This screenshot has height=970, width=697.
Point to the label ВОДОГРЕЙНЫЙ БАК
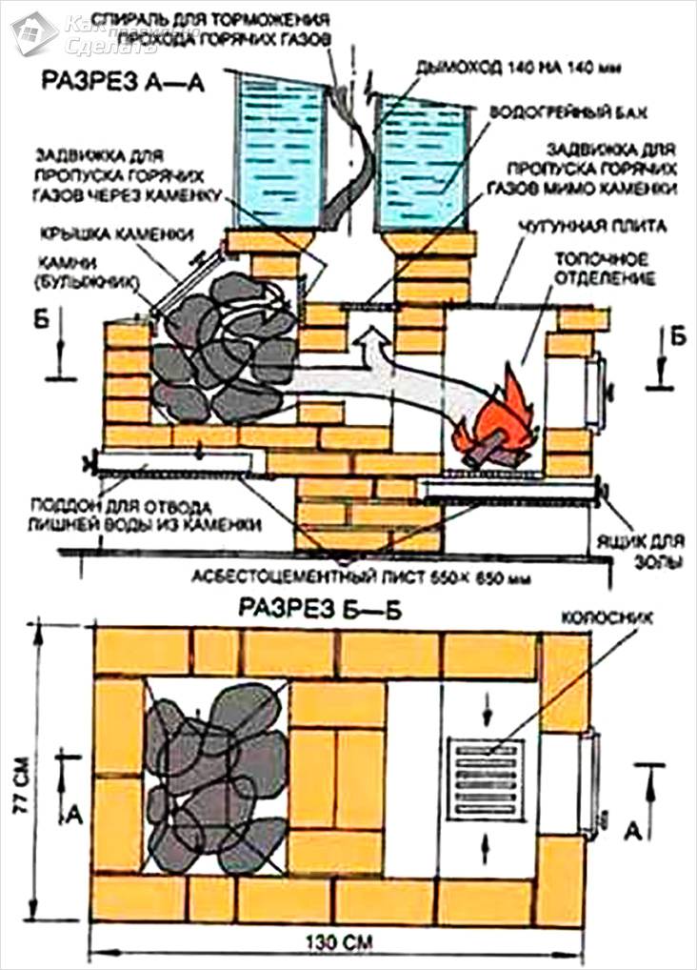click(x=568, y=111)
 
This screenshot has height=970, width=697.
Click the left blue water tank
click(x=277, y=143)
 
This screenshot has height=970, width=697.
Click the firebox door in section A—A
click(x=595, y=390)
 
